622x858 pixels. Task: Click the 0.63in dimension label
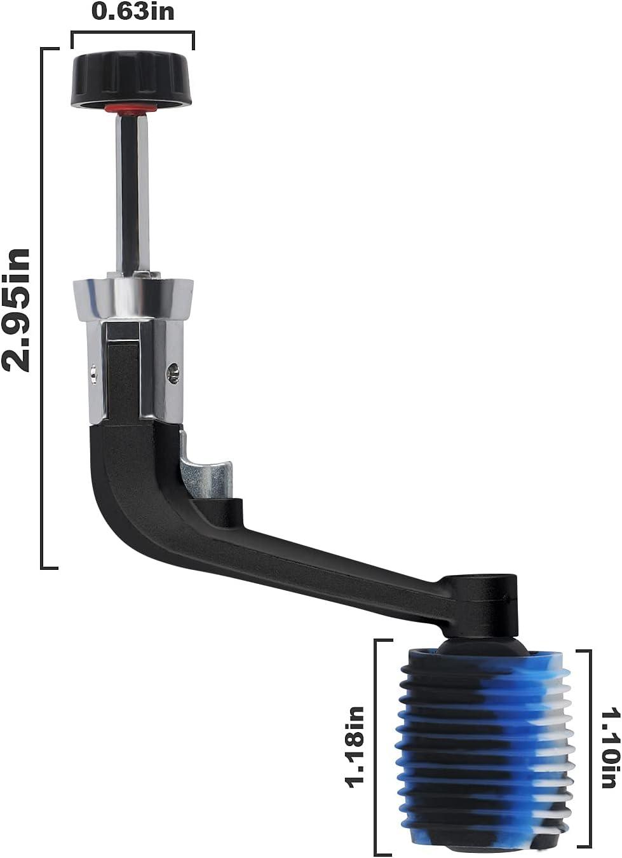coord(133,11)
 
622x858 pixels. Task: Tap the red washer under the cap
coord(132,109)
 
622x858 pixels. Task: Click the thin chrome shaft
coord(132,191)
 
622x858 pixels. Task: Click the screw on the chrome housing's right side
coord(173,373)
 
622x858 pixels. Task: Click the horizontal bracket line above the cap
coord(133,32)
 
